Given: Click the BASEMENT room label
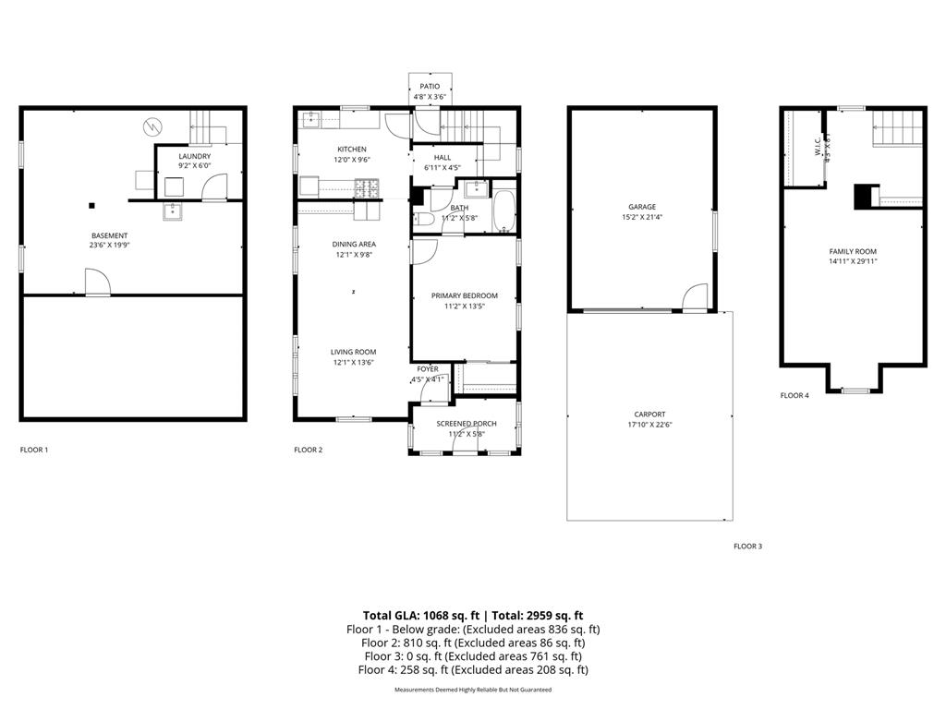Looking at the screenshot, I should point(109,235).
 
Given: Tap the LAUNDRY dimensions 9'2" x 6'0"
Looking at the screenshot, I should point(195,166).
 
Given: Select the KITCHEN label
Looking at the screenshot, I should point(351,149).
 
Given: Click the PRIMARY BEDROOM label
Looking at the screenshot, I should point(464,295).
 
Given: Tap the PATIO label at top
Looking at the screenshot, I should point(430,86).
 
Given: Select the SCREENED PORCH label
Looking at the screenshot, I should point(467,424).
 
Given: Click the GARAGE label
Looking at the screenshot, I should point(642,207).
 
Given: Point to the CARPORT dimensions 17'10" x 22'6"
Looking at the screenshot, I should point(649,425).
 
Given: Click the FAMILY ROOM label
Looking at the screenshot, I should point(853,251).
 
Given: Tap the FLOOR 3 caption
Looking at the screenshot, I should point(747,547).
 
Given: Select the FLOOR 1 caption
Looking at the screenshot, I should point(34,451).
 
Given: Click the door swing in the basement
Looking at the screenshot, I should point(97,281).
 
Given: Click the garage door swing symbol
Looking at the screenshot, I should point(693,297).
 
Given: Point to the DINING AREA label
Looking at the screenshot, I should point(354,244).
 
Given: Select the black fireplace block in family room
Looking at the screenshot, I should point(863,197).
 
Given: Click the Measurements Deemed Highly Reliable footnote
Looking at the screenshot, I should point(473,690).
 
